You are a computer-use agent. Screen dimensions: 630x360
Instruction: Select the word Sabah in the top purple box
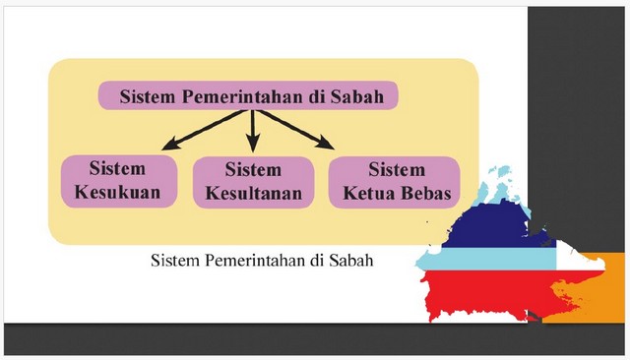356,96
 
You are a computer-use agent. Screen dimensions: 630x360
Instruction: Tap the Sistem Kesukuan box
119,181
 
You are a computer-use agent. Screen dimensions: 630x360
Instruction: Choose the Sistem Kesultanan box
253,182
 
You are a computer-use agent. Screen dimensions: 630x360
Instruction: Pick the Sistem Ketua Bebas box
394,182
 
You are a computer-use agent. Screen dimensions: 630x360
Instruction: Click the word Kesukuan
117,192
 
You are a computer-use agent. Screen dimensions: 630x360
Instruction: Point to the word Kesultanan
254,193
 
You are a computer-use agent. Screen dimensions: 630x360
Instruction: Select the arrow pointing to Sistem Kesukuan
203,130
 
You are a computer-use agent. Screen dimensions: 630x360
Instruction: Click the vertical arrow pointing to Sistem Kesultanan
253,131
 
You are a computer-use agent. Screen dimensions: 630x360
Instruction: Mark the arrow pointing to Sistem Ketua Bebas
296,129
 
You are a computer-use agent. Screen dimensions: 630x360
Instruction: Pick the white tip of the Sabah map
579,259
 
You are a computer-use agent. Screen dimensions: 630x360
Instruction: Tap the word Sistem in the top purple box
148,96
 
